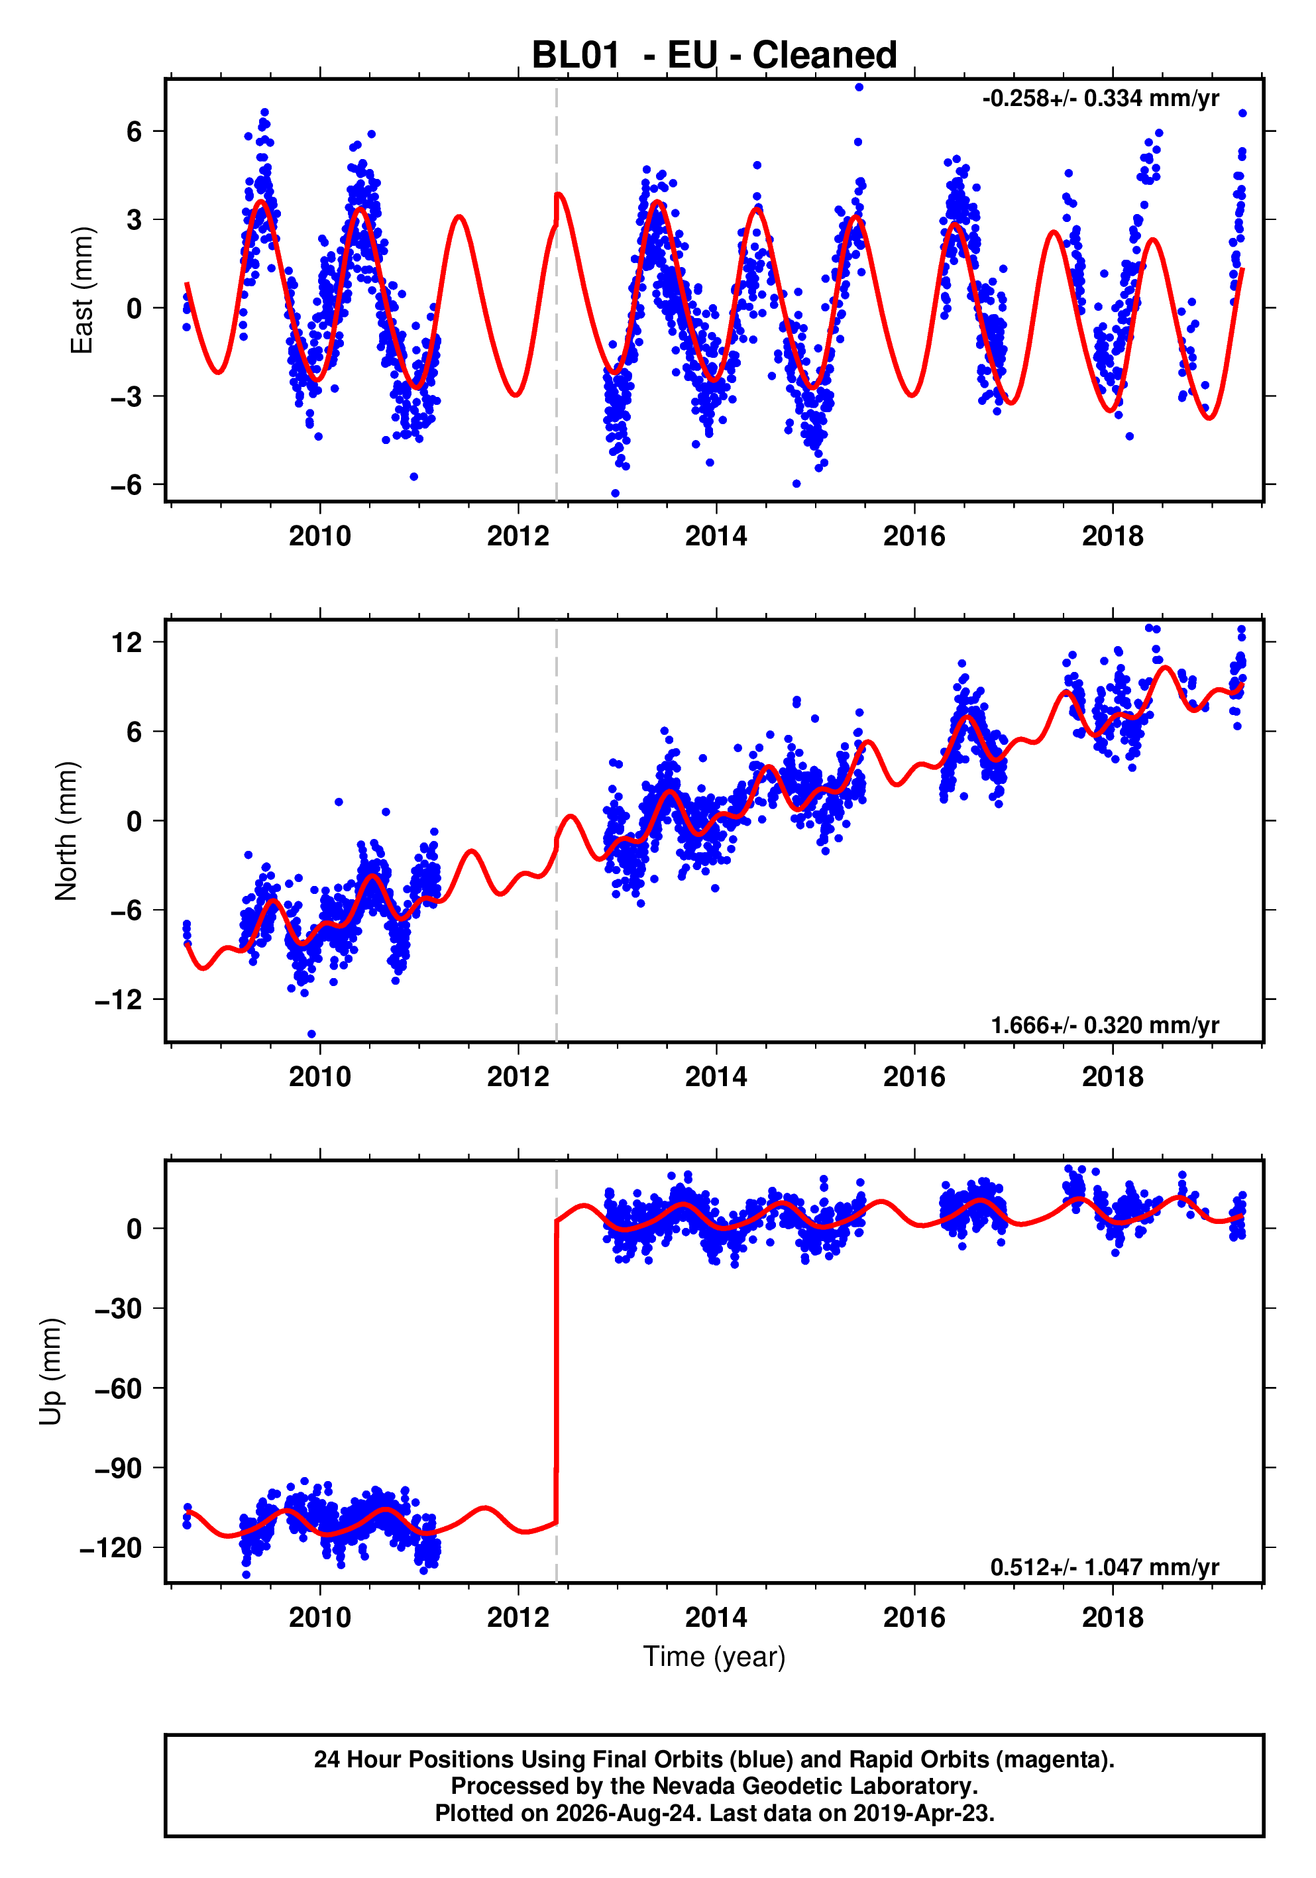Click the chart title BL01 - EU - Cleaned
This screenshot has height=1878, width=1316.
tap(714, 56)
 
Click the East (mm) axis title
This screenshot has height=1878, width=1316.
tap(82, 290)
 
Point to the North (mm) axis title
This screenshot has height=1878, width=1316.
tap(66, 831)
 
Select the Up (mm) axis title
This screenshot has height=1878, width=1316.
tap(51, 1372)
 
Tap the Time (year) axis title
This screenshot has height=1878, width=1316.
tap(714, 1655)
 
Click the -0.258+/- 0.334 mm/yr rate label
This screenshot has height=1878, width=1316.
tap(1101, 99)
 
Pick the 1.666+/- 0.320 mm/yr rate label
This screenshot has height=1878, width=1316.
tap(1105, 1025)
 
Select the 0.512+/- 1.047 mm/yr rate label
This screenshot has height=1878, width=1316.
tap(1105, 1567)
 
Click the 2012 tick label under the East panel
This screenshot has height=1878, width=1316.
tap(518, 537)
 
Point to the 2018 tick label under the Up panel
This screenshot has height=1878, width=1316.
tap(1113, 1617)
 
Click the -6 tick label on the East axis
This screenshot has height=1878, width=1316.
tap(126, 485)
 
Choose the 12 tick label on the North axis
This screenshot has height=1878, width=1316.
tap(127, 642)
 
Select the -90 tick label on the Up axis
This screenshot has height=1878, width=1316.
tap(119, 1468)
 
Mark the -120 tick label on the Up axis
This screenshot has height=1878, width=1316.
tap(111, 1547)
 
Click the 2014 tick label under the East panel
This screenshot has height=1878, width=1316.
tap(716, 537)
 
